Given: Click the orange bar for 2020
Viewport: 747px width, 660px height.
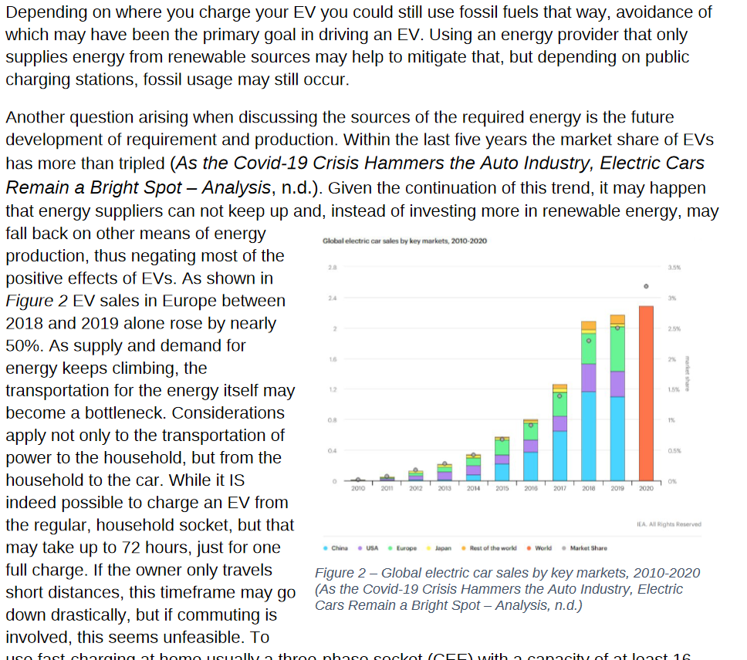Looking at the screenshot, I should click(646, 393).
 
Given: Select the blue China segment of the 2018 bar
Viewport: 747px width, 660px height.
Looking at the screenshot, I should click(589, 436).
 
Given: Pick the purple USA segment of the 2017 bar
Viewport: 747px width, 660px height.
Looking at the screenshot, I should click(559, 423).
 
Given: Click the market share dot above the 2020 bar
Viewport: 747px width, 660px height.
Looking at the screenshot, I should click(646, 286).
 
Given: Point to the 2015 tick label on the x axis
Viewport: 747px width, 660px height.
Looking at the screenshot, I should click(502, 489).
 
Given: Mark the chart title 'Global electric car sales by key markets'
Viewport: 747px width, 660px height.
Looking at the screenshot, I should click(404, 241).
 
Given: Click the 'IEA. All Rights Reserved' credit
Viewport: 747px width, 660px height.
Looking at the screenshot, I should click(669, 524).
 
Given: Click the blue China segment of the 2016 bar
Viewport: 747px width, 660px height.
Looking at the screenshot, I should click(531, 466).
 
